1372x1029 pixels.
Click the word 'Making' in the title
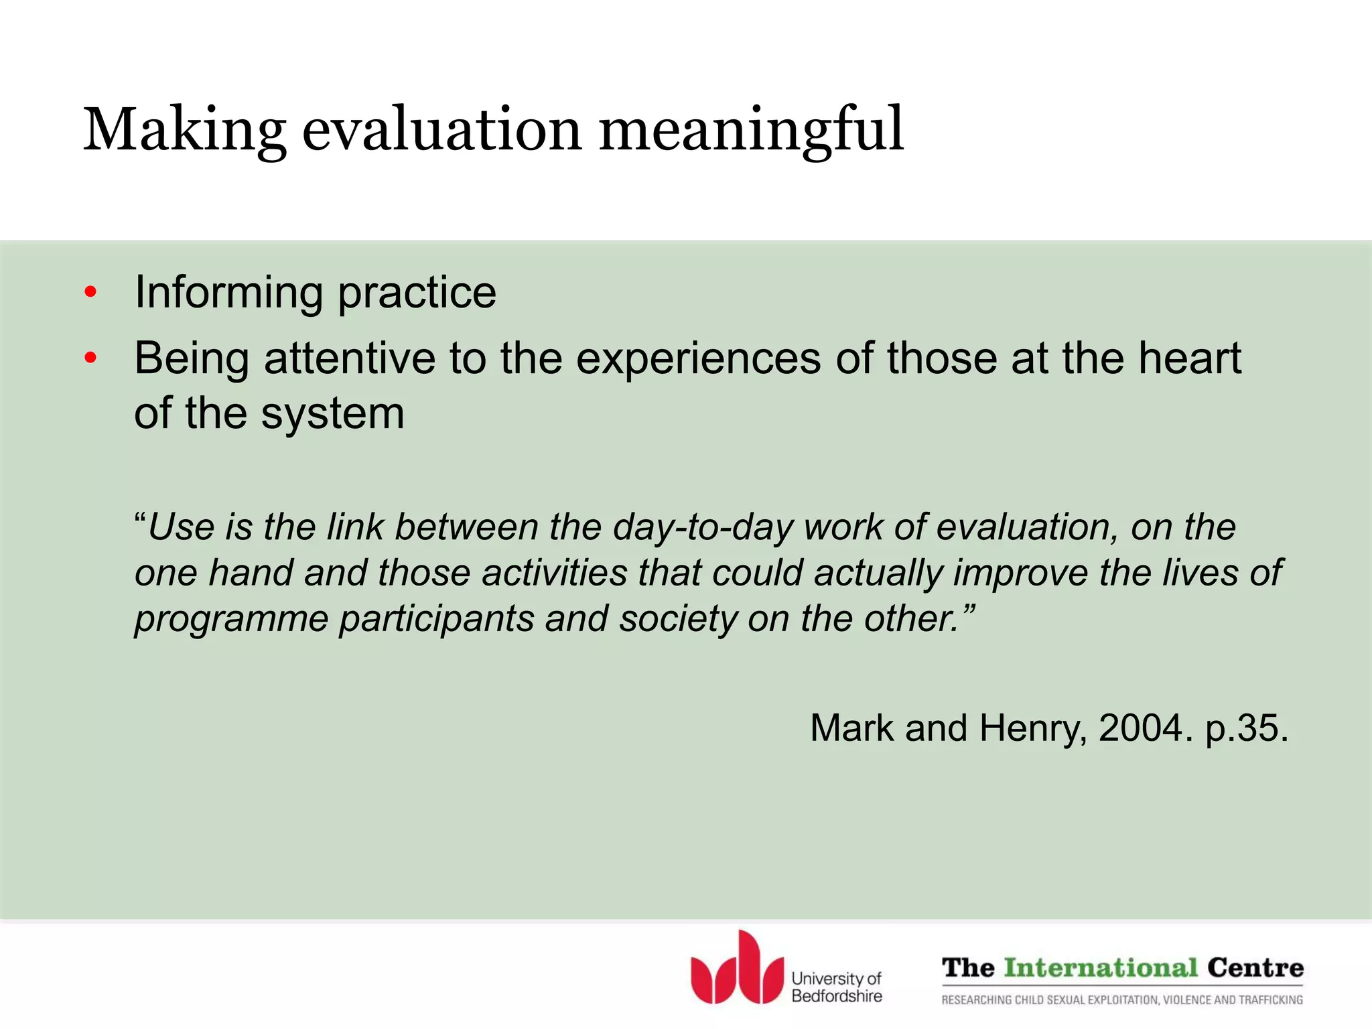184,130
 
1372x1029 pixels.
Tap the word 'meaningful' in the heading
751,130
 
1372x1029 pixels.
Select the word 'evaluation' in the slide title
441,130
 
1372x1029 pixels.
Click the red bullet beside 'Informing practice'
91,293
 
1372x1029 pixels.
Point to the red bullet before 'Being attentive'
91,358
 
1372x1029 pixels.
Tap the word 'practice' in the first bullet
417,293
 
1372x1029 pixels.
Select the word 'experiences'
698,358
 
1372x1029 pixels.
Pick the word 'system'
332,413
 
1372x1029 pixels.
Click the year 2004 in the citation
1141,728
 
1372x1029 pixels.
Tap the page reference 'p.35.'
1246,728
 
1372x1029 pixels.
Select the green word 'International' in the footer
1101,968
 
